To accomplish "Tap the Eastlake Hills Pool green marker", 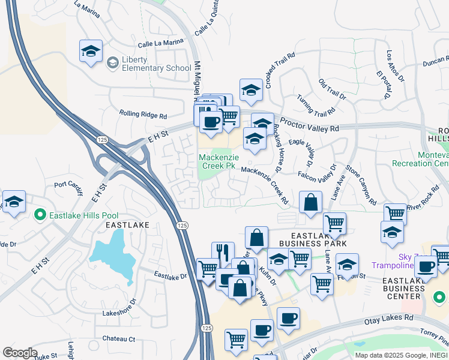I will (40, 214).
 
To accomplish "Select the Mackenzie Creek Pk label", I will (219, 162).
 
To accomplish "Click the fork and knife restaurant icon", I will (223, 253).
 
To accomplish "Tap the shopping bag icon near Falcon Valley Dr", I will (310, 202).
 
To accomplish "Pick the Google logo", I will (20, 353).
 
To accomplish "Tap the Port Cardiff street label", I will (67, 185).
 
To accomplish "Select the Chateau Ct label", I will (118, 339).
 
